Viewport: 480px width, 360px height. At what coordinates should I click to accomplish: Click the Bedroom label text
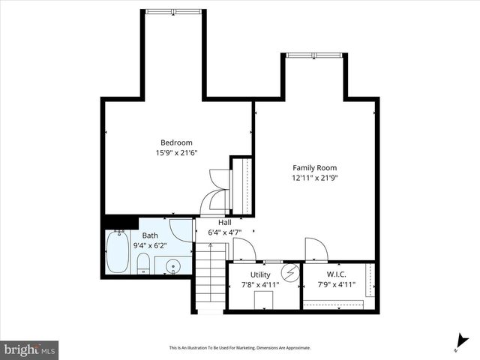pyautogui.click(x=176, y=142)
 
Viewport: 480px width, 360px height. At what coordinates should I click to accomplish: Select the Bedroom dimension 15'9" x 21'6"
pyautogui.click(x=176, y=153)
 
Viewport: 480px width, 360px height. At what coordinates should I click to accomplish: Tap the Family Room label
pyautogui.click(x=314, y=168)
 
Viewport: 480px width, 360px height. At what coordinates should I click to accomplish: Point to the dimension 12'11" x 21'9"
pyautogui.click(x=314, y=178)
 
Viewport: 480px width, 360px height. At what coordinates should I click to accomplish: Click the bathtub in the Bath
pyautogui.click(x=118, y=252)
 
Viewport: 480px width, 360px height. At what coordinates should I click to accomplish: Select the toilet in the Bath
pyautogui.click(x=142, y=262)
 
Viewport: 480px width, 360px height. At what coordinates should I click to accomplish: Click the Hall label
pyautogui.click(x=224, y=223)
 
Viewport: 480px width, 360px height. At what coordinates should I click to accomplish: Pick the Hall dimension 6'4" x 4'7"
pyautogui.click(x=224, y=232)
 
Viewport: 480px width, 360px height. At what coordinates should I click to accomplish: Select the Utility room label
pyautogui.click(x=260, y=274)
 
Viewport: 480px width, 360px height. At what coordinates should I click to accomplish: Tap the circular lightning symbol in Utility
pyautogui.click(x=290, y=271)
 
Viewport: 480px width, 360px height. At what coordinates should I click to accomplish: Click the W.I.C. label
pyautogui.click(x=335, y=274)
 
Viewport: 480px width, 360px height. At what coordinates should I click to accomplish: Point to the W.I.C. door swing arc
pyautogui.click(x=316, y=248)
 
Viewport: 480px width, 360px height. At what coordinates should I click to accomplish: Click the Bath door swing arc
pyautogui.click(x=181, y=229)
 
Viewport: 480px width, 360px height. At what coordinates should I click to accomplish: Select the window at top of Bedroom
pyautogui.click(x=173, y=11)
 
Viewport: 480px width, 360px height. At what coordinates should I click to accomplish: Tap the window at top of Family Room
pyautogui.click(x=314, y=55)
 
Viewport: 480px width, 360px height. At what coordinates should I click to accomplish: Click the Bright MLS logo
pyautogui.click(x=30, y=349)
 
